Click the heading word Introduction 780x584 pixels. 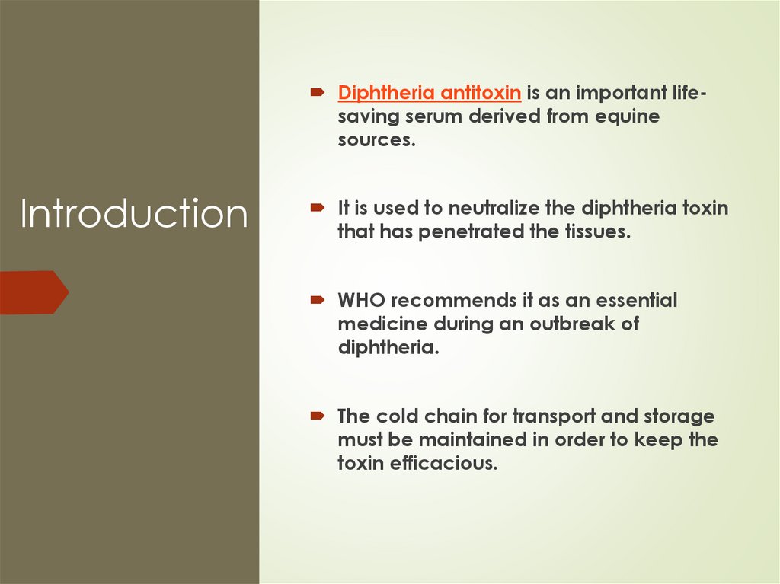pyautogui.click(x=133, y=214)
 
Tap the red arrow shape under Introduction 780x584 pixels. pyautogui.click(x=34, y=292)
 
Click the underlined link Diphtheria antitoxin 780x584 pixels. pyautogui.click(x=430, y=94)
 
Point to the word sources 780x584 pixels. pyautogui.click(x=376, y=141)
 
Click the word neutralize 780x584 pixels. pyautogui.click(x=513, y=208)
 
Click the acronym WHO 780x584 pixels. pyautogui.click(x=362, y=300)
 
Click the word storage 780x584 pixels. pyautogui.click(x=677, y=416)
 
